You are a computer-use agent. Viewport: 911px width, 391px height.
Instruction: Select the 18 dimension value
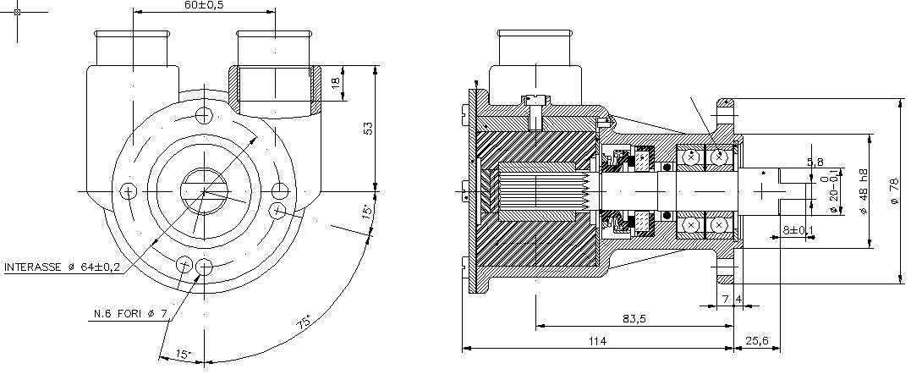336,83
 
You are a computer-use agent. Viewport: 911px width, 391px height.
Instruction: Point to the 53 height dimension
366,128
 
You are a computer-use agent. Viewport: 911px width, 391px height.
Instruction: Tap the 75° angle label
302,322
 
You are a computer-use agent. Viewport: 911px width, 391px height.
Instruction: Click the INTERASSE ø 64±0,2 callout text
62,267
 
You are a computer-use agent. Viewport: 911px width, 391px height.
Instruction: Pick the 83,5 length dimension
634,318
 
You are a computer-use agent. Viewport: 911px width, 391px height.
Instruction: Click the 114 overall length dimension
597,341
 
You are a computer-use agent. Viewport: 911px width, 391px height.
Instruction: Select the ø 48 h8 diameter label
863,190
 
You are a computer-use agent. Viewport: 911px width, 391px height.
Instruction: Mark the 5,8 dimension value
815,162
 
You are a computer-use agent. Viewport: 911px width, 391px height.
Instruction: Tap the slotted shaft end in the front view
203,191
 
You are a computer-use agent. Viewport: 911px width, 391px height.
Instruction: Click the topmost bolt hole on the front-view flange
203,115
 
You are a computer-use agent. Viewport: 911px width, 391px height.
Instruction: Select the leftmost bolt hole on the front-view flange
128,191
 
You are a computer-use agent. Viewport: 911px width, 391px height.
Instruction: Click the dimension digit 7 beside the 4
725,299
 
